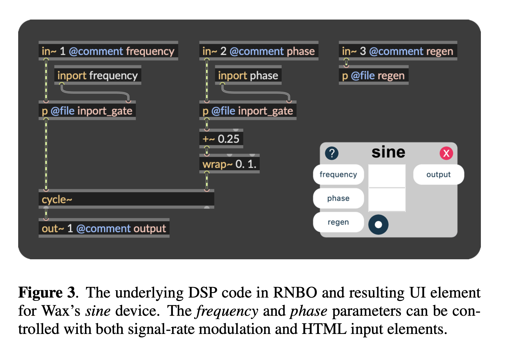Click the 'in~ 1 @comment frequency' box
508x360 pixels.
point(108,51)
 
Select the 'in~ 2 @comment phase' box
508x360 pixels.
point(258,51)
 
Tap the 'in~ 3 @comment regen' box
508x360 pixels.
point(398,51)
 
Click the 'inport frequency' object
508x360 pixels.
point(97,75)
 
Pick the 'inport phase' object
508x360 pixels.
point(248,75)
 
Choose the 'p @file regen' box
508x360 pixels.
point(373,75)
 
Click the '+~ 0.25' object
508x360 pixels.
point(221,139)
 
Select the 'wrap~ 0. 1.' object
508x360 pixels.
point(229,164)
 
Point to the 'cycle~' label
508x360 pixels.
point(57,200)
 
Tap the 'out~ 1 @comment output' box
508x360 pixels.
point(104,228)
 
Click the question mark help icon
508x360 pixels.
point(332,153)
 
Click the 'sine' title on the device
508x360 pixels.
point(388,152)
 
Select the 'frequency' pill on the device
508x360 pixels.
point(338,174)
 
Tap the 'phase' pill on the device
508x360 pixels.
point(338,198)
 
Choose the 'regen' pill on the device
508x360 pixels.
point(338,222)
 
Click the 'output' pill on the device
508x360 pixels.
point(438,174)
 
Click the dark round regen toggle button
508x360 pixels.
point(378,225)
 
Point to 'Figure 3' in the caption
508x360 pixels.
point(47,293)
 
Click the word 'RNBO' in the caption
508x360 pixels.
point(295,293)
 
